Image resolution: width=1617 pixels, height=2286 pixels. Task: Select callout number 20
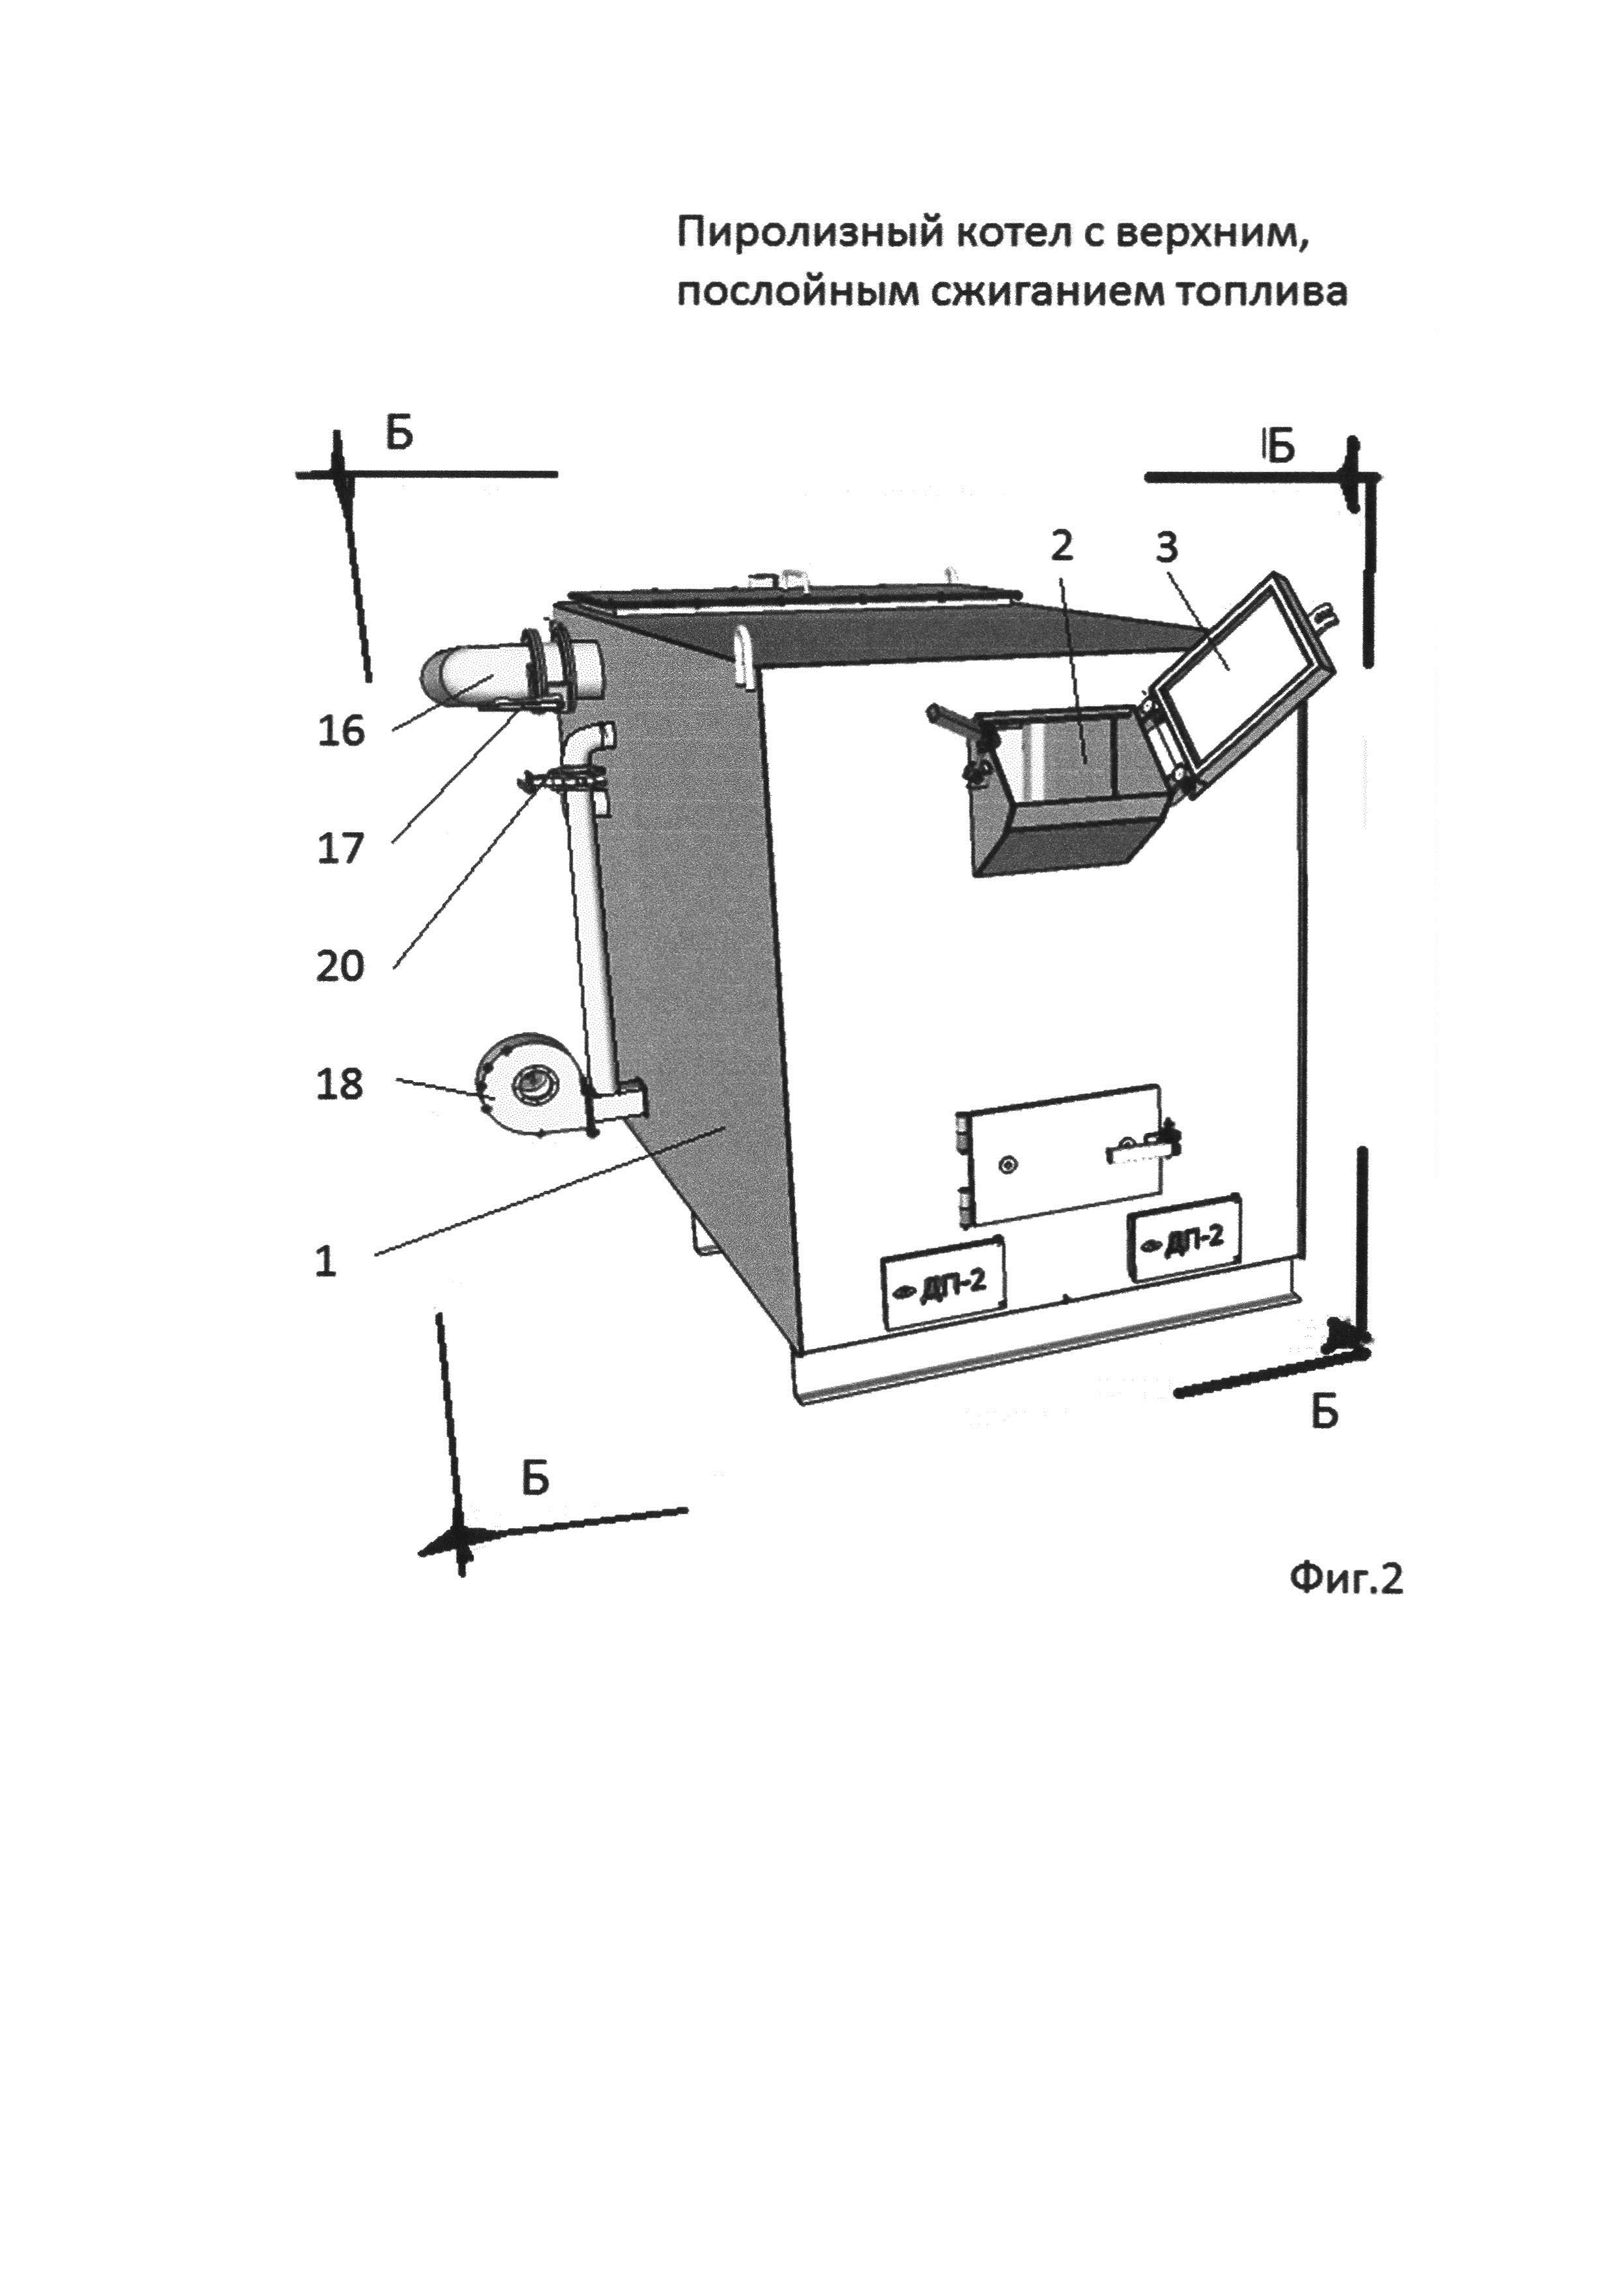(x=340, y=966)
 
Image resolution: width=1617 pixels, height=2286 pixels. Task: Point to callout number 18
(x=340, y=1084)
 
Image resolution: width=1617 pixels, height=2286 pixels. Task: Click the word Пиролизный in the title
(x=810, y=234)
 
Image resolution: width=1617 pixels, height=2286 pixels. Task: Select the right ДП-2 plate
(x=1183, y=1238)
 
